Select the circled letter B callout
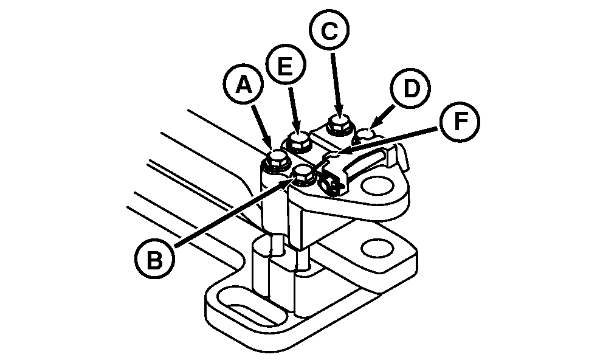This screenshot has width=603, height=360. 154,260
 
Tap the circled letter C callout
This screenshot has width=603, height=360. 329,32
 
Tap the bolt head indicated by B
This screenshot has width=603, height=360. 303,176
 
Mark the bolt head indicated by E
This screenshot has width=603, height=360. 298,142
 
